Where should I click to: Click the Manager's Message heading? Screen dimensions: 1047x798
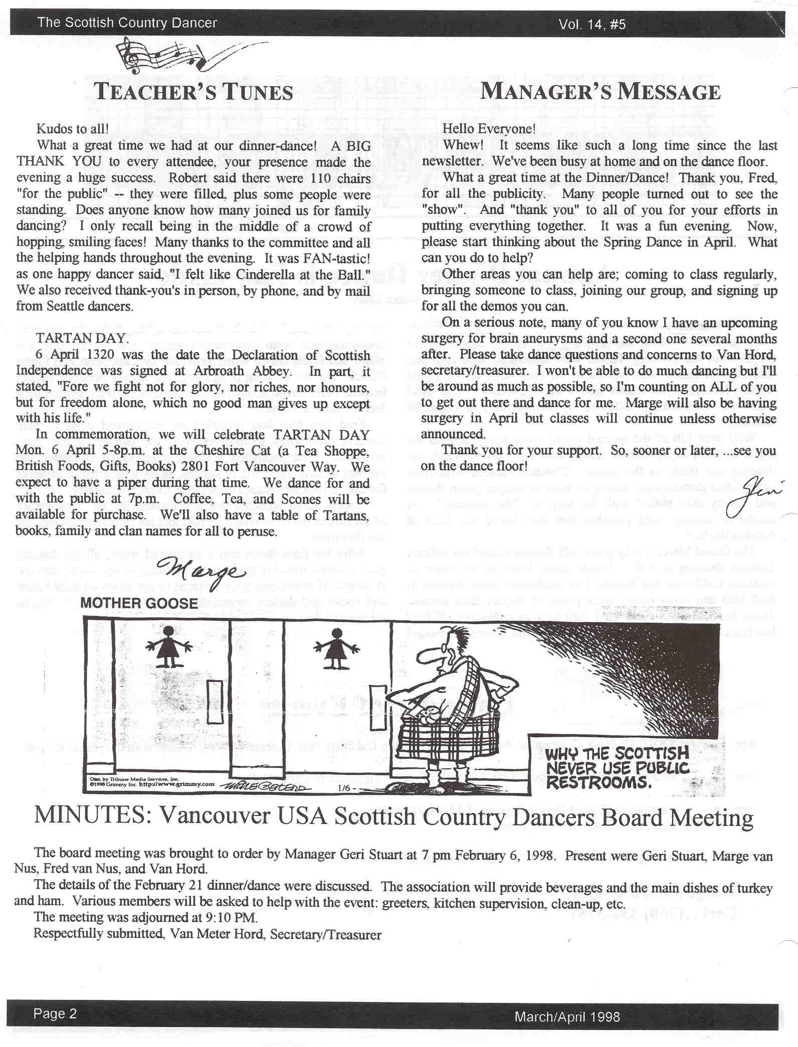point(601,92)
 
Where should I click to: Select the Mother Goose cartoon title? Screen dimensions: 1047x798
point(139,603)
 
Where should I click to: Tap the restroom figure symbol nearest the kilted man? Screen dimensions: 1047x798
point(335,649)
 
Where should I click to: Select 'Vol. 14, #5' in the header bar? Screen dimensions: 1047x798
point(592,24)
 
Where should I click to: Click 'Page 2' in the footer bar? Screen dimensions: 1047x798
point(55,1013)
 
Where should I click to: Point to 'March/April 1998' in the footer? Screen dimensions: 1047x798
point(567,1016)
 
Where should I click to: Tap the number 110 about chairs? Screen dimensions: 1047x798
point(316,178)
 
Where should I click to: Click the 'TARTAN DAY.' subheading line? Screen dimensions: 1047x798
point(82,338)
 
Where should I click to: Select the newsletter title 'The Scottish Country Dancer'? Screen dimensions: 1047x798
point(127,23)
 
